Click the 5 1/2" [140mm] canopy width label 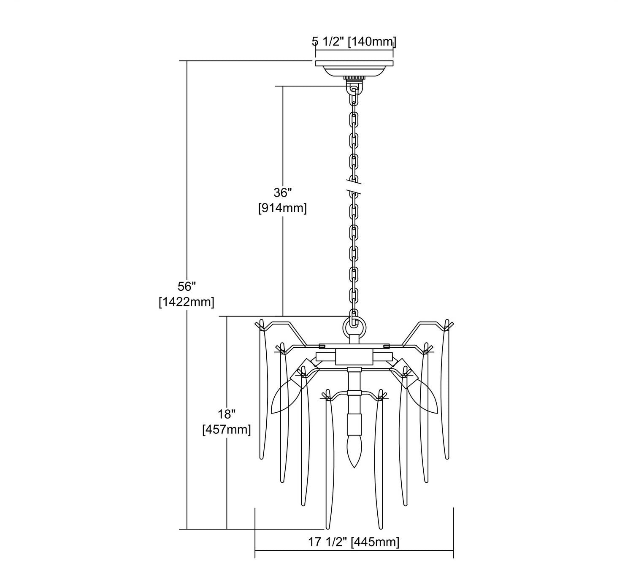[354, 41]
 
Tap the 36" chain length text [283, 193]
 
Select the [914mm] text [282, 208]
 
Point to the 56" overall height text [187, 287]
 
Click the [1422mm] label [187, 302]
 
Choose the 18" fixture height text [227, 414]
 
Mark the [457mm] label [227, 430]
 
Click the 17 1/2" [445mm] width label [354, 542]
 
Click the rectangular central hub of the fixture [354, 357]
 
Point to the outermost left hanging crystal [263, 388]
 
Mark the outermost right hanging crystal [445, 388]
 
